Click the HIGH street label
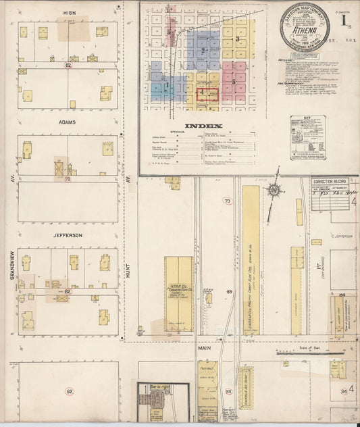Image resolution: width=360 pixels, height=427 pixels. pos(69,13)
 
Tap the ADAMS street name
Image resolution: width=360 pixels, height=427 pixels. pos(68,122)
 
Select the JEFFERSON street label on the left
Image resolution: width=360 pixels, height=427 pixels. pos(68,235)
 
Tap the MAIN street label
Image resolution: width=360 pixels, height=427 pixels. pos(205,350)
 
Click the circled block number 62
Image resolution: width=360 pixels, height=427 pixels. pos(68,66)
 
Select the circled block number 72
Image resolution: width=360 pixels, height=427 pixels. pos(68,180)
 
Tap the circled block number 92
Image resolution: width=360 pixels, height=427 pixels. pos(69,391)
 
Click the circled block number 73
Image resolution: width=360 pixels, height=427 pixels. pos(228,201)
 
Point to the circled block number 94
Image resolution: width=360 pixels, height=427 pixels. pos(343,391)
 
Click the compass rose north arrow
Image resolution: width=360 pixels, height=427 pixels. pos(274,191)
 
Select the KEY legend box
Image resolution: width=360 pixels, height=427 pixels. pos(307,138)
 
